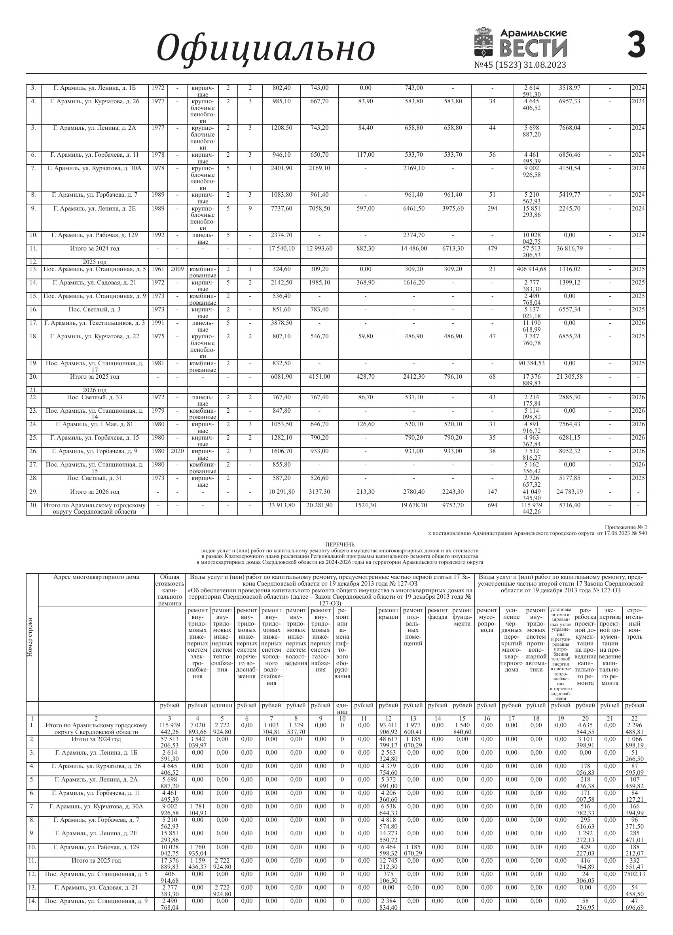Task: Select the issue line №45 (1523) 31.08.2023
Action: [520, 65]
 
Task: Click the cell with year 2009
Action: [177, 269]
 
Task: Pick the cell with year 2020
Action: [177, 451]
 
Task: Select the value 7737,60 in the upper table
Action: [281, 209]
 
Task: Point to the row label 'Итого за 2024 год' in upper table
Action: [95, 248]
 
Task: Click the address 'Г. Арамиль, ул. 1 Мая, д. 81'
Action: [95, 424]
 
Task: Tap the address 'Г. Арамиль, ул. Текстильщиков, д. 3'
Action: [95, 323]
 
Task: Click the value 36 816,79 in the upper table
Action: [570, 248]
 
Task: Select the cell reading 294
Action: [492, 209]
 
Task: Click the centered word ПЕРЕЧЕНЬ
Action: [339, 544]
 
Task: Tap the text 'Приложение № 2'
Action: [626, 527]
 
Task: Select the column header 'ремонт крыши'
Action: [388, 613]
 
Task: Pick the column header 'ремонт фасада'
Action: [438, 613]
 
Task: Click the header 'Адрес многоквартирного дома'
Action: [96, 577]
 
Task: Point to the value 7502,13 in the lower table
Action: [635, 874]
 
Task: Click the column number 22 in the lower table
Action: [635, 719]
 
